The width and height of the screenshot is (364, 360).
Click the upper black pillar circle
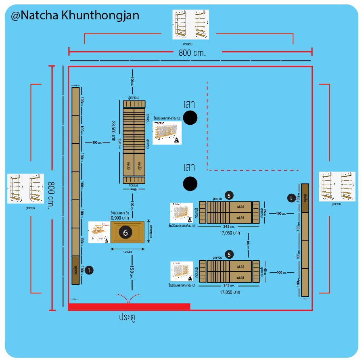tap(190, 117)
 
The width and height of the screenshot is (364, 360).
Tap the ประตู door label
tap(127, 317)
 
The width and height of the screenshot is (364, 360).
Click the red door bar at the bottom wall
tap(129, 307)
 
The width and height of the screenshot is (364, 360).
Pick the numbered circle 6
tap(126, 232)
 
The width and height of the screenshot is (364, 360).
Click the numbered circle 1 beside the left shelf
tap(89, 270)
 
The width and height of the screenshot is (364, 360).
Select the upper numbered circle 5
tap(229, 196)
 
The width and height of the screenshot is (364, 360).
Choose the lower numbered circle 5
tap(229, 255)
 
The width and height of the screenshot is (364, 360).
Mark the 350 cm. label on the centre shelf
tap(119, 143)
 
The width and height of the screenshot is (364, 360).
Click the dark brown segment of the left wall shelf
tap(75, 270)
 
